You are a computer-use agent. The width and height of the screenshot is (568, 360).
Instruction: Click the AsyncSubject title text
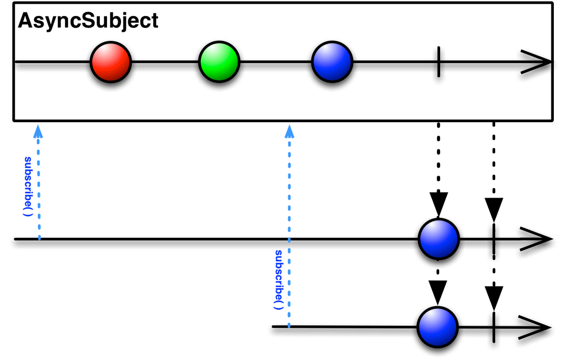click(x=88, y=21)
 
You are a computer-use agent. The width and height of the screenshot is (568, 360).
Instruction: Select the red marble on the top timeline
click(x=111, y=62)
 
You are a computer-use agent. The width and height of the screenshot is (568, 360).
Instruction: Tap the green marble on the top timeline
click(x=219, y=62)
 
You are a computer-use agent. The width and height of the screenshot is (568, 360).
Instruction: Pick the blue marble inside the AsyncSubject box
click(x=332, y=62)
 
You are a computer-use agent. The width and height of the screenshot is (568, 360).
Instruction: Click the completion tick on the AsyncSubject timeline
click(x=439, y=65)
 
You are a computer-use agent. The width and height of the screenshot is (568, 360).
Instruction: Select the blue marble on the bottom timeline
click(x=437, y=327)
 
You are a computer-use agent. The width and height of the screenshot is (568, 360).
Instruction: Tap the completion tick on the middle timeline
click(x=494, y=242)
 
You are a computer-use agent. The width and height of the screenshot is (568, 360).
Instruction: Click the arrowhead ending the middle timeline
click(x=537, y=242)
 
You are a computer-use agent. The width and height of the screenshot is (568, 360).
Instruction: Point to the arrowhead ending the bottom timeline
click(x=537, y=328)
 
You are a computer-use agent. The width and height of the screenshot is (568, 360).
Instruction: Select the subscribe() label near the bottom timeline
click(x=279, y=279)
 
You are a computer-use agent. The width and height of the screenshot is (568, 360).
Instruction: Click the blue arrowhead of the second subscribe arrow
click(x=289, y=131)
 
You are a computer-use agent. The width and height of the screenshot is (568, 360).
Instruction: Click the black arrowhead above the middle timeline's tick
click(x=494, y=208)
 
